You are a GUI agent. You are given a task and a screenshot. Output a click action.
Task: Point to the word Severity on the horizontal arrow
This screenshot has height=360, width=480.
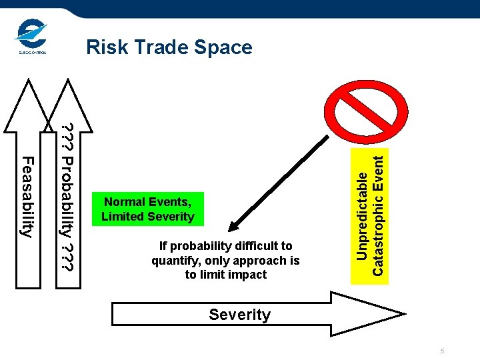pos(239,315)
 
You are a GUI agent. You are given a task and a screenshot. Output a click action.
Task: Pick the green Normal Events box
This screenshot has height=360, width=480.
pos(147,209)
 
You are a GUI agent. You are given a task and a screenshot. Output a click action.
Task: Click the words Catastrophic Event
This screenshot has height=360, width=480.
pos(377,214)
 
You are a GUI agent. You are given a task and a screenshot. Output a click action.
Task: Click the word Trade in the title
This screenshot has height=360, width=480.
pos(159,47)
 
